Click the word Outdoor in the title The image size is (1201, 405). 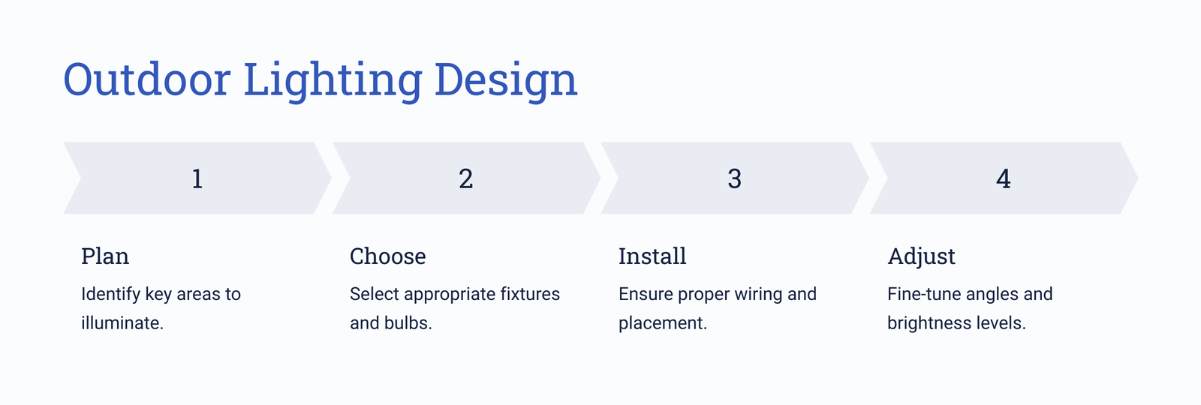[x=147, y=79]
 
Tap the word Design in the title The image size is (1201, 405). [x=506, y=80]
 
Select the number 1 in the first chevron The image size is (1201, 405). [x=197, y=178]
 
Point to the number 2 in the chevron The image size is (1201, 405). [x=466, y=178]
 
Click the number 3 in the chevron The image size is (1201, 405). [x=735, y=178]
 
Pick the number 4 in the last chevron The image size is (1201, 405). [x=1003, y=178]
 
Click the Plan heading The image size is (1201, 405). [x=105, y=256]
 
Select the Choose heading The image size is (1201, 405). [x=387, y=256]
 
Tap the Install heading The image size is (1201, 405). [x=652, y=256]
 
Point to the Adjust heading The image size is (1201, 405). [x=921, y=256]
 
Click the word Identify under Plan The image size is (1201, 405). [x=110, y=295]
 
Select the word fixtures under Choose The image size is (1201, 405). [x=530, y=294]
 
